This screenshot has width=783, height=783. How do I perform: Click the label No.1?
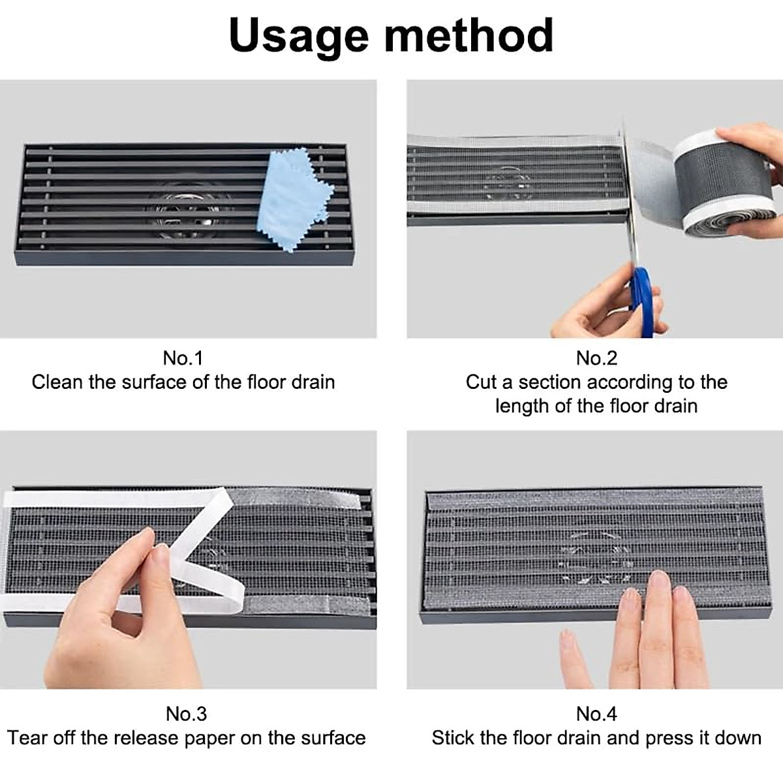click(183, 358)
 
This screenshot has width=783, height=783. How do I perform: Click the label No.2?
click(596, 358)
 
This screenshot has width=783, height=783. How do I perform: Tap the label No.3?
click(186, 713)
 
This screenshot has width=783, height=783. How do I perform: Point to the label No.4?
click(596, 713)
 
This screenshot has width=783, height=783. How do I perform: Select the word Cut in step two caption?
click(481, 382)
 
